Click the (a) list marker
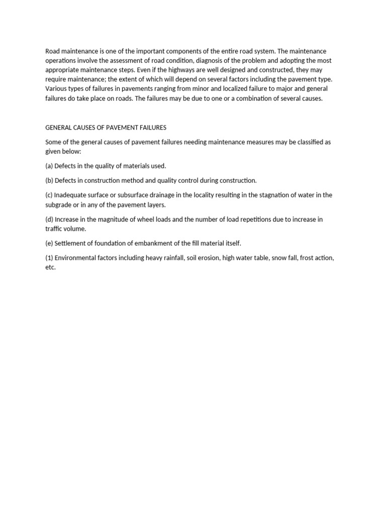[x=49, y=166]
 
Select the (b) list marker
[x=49, y=180]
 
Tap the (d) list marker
[x=49, y=219]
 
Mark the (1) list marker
[x=49, y=258]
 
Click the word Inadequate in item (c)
[x=72, y=195]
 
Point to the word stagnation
[x=272, y=195]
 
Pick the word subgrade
[x=58, y=205]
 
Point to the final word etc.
[x=50, y=268]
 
